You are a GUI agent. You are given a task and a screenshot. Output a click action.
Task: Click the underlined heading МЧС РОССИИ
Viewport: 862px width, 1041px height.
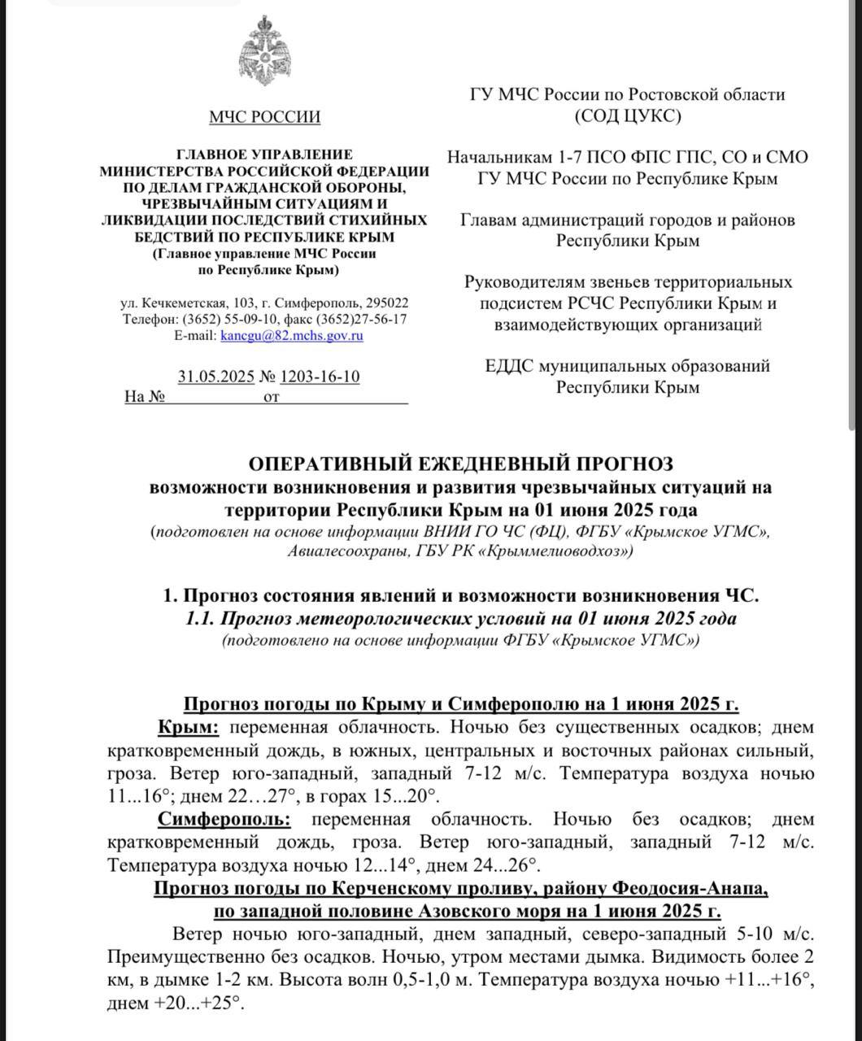click(264, 117)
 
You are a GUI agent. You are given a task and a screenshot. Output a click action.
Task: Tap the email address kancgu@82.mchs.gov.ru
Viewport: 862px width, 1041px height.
click(292, 335)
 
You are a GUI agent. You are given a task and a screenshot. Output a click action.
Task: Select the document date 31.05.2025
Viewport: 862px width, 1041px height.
click(215, 377)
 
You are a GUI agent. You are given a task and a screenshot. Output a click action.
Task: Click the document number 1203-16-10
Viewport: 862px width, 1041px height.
click(320, 377)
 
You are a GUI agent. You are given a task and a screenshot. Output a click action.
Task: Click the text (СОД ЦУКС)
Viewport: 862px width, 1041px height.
click(628, 115)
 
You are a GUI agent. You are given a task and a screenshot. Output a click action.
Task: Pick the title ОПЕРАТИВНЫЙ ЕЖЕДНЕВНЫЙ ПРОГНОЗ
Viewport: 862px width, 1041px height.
click(460, 464)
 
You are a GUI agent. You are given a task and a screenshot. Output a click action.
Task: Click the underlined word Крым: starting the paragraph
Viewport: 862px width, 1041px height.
click(188, 726)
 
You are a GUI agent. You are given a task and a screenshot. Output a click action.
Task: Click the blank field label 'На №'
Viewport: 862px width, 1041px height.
click(145, 397)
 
